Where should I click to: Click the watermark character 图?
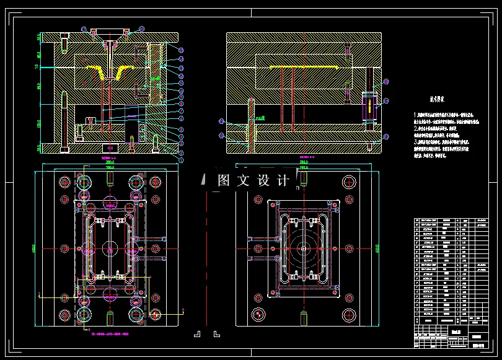[x=224, y=181]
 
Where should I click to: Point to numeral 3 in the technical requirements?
[x=415, y=142]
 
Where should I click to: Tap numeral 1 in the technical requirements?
[x=415, y=115]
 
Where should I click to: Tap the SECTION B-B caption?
[x=304, y=160]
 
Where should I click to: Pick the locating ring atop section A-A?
[x=110, y=32]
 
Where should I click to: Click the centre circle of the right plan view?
[x=304, y=247]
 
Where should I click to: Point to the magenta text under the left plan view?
[x=109, y=334]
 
